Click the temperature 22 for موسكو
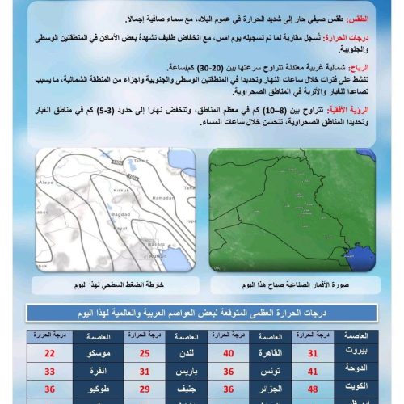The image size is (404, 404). pos(50,353)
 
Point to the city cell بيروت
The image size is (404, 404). pos(356,353)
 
